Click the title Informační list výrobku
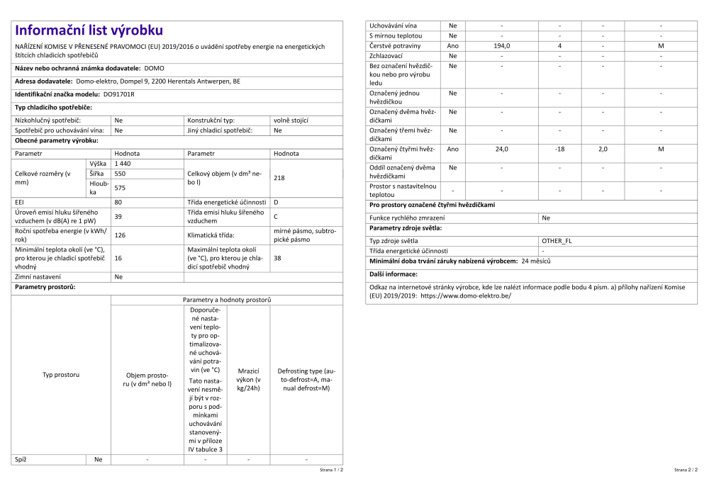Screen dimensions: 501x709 tap(89, 30)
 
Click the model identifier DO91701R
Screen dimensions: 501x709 tap(119, 94)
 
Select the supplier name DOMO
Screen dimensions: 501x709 tap(154, 69)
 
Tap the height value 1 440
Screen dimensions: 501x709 tap(123, 164)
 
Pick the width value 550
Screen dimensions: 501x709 tap(120, 174)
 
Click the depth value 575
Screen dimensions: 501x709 tap(120, 188)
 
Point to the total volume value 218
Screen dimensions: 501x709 tap(279, 178)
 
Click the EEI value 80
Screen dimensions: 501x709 tap(118, 203)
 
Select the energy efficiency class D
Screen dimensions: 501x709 tap(276, 203)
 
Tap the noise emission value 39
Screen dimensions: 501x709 tap(118, 217)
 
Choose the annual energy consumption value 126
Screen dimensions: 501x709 tap(120, 235)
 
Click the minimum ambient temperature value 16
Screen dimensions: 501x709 tap(118, 258)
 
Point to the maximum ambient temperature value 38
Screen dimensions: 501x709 tap(277, 258)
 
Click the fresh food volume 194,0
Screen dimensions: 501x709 tap(501, 46)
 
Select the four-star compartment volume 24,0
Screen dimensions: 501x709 tap(501, 150)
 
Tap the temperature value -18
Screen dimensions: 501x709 tap(559, 150)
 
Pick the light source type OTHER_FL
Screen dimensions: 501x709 tap(557, 241)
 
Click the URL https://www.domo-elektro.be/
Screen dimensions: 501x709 tap(466, 296)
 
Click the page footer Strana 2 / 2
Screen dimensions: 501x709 tap(686, 470)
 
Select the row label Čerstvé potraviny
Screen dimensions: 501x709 tap(395, 46)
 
